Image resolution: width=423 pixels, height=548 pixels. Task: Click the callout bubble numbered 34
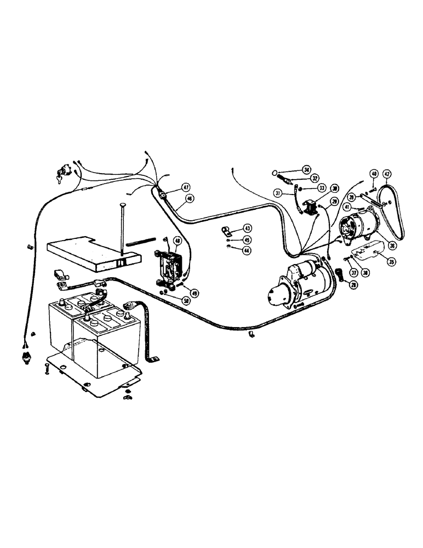coord(306,169)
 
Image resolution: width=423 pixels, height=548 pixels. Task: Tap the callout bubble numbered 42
coord(387,174)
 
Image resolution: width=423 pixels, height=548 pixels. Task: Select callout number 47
coord(171,187)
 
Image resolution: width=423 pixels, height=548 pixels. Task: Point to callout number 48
coord(178,241)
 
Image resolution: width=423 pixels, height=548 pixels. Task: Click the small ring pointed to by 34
coord(276,173)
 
